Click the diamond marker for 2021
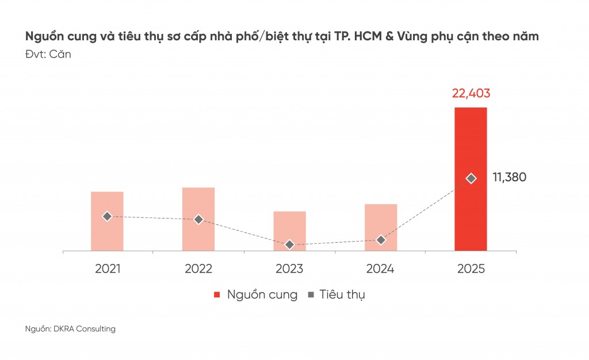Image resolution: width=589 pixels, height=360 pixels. [107, 216]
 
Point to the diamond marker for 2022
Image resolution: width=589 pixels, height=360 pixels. [198, 219]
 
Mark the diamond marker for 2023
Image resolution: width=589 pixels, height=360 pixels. [289, 244]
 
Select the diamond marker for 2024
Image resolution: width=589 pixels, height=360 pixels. [380, 240]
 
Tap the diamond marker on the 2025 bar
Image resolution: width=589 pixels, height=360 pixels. [471, 178]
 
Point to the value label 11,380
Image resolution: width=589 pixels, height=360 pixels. [509, 177]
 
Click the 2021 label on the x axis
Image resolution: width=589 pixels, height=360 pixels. [107, 269]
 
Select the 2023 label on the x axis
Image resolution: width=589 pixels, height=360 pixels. [289, 269]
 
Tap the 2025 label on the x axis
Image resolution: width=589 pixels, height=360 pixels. [471, 269]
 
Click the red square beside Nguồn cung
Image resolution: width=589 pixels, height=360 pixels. [217, 295]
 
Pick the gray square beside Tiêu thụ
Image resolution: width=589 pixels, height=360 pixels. [311, 295]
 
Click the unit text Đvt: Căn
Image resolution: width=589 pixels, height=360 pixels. [48, 55]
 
